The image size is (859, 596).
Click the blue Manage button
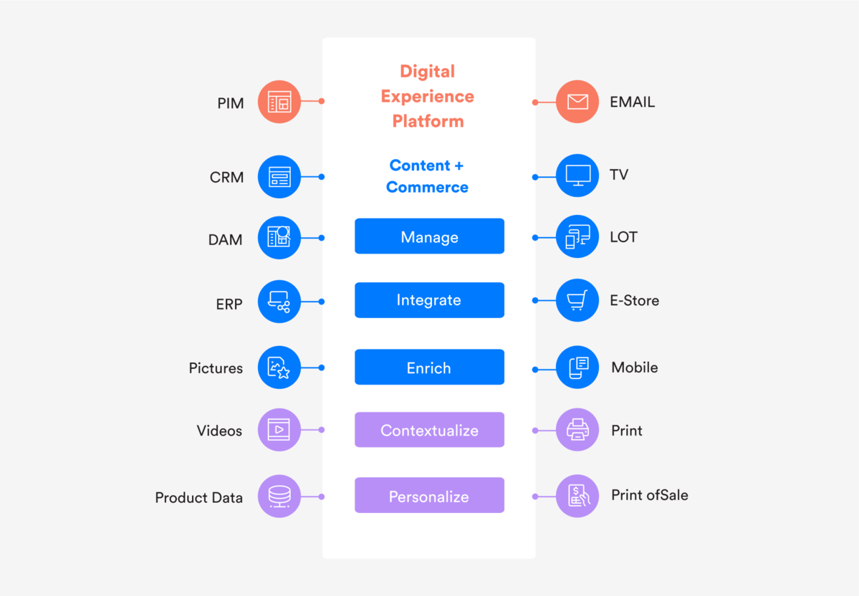[429, 236]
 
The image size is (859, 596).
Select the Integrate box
[429, 300]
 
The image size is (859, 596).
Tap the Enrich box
[429, 367]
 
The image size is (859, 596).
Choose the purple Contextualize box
[429, 430]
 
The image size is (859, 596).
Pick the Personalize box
[429, 496]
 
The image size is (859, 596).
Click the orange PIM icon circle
[279, 102]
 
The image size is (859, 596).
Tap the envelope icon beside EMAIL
[577, 102]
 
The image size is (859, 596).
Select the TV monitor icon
[577, 175]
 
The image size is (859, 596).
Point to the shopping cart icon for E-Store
[577, 300]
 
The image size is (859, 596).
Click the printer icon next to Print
[577, 430]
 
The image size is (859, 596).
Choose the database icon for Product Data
[279, 496]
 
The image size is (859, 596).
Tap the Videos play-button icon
[279, 430]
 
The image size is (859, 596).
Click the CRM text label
[227, 177]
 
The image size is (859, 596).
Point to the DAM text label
[226, 240]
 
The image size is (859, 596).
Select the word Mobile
[635, 367]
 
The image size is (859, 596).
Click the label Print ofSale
[650, 496]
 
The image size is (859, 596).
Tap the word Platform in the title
[428, 121]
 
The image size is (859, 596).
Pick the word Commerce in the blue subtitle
[427, 187]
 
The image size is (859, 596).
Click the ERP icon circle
[279, 302]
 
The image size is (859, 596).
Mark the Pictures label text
[216, 368]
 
